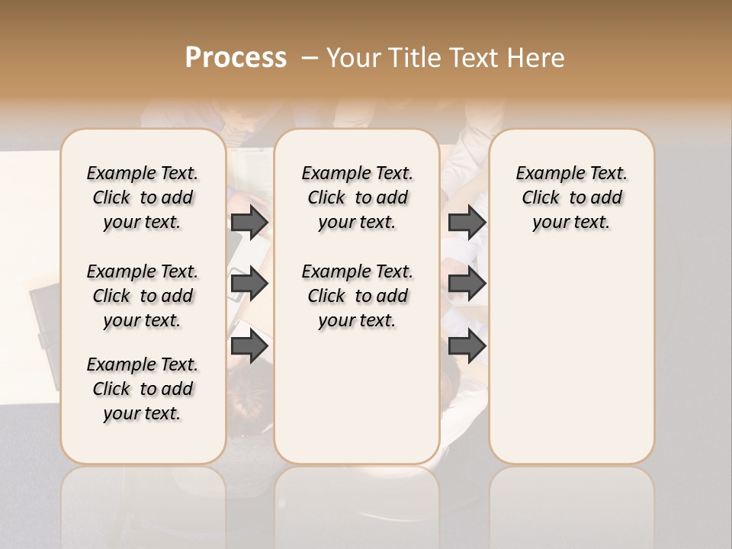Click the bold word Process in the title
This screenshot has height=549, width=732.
236,58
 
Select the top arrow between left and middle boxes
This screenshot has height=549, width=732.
249,222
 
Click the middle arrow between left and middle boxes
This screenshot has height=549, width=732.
249,284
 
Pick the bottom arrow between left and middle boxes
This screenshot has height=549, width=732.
249,346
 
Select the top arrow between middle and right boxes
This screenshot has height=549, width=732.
467,222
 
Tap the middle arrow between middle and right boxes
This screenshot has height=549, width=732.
467,284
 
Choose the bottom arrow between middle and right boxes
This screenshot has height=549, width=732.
467,346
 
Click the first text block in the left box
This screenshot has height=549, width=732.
143,197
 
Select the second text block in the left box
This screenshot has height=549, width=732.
143,296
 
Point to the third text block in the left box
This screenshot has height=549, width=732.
143,389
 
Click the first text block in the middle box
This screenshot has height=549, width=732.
358,197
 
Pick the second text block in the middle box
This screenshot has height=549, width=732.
358,296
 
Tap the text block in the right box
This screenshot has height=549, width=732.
571,197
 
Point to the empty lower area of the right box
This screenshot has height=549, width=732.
571,351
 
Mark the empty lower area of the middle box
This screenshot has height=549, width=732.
357,396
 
